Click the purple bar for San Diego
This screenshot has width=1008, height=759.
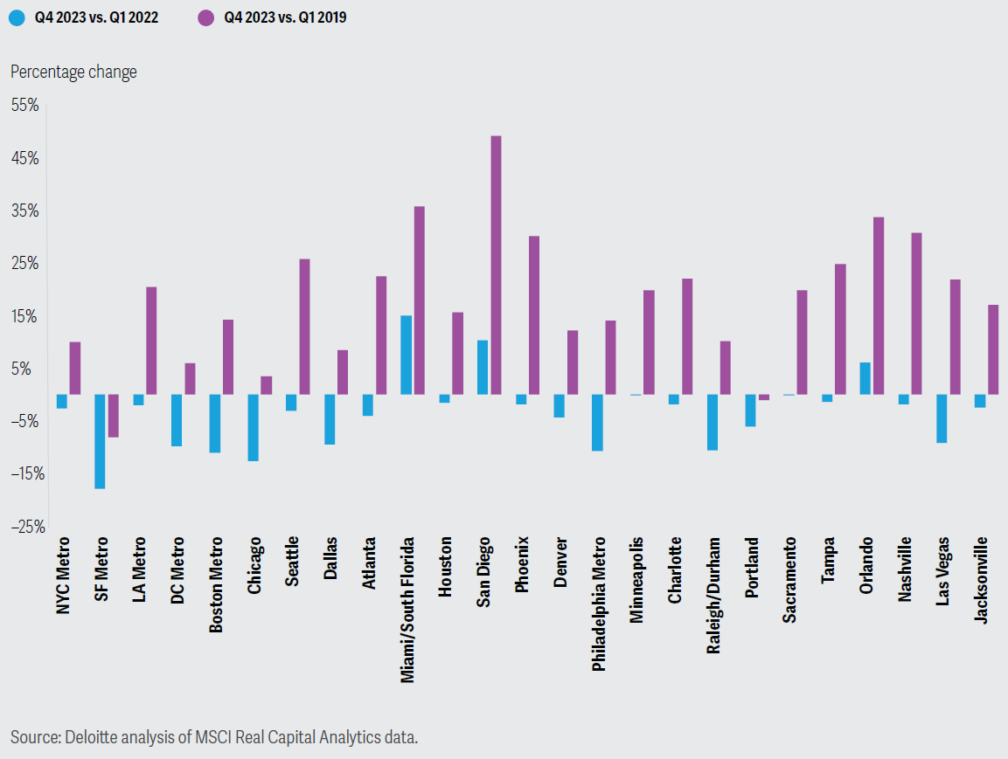coord(496,266)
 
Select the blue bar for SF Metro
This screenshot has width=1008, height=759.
coord(100,442)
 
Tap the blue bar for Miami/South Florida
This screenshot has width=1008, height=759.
coord(406,355)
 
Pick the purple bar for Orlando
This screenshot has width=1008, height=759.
coord(878,306)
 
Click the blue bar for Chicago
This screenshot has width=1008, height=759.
coord(254,428)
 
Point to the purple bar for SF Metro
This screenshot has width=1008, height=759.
coord(113,416)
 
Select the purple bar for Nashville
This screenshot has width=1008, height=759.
coord(917,314)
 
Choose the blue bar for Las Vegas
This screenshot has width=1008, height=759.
coord(942,418)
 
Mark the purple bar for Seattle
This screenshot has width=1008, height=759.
coord(305,327)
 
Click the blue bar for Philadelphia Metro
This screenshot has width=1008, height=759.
coord(597,423)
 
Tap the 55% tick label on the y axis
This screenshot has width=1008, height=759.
coord(25,106)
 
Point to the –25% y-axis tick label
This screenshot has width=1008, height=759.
coord(28,528)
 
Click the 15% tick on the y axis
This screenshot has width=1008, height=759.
coord(25,316)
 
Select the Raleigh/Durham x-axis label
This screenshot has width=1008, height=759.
coord(713,596)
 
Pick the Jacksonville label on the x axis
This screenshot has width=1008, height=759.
coord(980,581)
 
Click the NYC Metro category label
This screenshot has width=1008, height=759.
coord(62,576)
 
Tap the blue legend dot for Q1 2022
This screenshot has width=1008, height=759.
coord(17,17)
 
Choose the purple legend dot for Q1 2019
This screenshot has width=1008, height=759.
coord(205,17)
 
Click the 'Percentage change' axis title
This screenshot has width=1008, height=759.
coord(74,72)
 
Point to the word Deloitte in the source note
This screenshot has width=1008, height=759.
coord(91,736)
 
